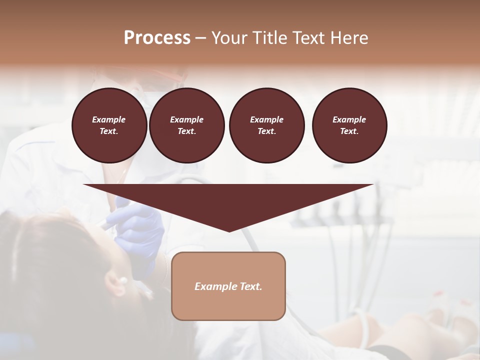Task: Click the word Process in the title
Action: click(157, 38)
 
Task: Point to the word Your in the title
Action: click(229, 38)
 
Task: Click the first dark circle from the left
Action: click(109, 125)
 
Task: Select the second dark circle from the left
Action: click(187, 125)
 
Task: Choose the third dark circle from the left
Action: click(266, 125)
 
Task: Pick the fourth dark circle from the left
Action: click(349, 125)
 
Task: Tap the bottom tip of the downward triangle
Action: click(229, 230)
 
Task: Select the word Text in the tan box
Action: click(251, 286)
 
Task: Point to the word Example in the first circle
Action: click(109, 119)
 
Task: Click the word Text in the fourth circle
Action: click(349, 131)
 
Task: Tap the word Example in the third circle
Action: click(266, 119)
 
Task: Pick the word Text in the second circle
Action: click(186, 131)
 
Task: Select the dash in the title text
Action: click(200, 38)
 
